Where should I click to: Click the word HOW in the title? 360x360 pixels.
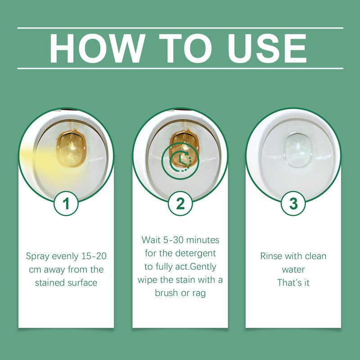click(x=97, y=48)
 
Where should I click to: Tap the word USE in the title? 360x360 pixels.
click(x=264, y=48)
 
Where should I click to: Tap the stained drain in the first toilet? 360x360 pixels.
click(x=71, y=148)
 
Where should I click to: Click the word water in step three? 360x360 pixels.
click(x=293, y=270)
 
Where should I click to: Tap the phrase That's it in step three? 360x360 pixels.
click(x=293, y=283)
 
